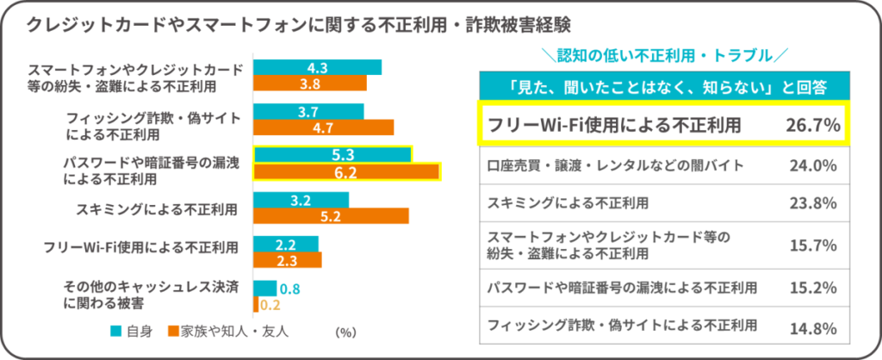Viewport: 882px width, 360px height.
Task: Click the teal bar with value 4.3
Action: [317, 67]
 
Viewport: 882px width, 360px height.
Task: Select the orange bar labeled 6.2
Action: [346, 171]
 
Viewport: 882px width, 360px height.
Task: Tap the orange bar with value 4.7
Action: [324, 127]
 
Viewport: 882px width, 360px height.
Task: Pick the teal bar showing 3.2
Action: [301, 200]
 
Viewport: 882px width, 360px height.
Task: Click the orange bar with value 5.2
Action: [331, 215]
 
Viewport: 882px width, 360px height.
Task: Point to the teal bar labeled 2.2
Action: [287, 244]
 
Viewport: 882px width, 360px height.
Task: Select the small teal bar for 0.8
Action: [265, 289]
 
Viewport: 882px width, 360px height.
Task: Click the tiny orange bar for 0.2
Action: [256, 304]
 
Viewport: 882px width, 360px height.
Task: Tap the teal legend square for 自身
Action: [115, 330]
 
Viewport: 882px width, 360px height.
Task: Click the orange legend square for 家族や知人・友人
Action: [173, 330]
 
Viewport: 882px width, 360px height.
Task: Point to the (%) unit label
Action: [345, 331]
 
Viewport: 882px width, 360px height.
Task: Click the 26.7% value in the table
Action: [812, 125]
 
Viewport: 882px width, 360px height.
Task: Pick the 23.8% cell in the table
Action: [814, 204]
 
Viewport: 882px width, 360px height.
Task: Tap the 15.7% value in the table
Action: [814, 245]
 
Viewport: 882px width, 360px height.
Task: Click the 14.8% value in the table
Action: [814, 327]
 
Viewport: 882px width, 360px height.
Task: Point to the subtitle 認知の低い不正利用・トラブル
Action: [661, 56]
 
